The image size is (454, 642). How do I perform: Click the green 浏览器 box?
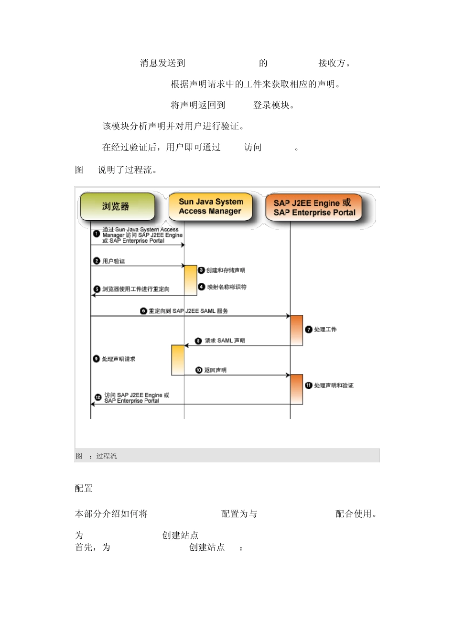117,206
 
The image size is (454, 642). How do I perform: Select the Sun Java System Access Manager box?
210,206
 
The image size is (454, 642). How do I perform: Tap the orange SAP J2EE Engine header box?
313,208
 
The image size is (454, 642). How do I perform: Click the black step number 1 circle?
97,234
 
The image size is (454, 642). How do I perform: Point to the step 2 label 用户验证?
114,261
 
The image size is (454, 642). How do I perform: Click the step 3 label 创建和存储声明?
226,270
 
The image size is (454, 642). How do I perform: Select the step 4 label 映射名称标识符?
227,287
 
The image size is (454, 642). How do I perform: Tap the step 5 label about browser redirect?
136,289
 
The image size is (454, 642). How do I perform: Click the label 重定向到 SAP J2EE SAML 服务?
188,311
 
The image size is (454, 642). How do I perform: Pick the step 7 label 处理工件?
325,330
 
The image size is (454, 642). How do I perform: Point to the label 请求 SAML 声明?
225,341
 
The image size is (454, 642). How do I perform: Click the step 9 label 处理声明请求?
119,359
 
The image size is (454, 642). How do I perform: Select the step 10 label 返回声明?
215,370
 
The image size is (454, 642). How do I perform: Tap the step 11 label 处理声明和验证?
334,385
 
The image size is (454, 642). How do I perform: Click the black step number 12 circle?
98,397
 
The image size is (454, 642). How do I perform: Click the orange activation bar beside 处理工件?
297,330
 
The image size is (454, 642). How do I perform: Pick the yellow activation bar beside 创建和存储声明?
191,280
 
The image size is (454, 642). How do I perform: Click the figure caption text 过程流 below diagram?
106,456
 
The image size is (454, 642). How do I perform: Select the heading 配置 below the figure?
84,488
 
